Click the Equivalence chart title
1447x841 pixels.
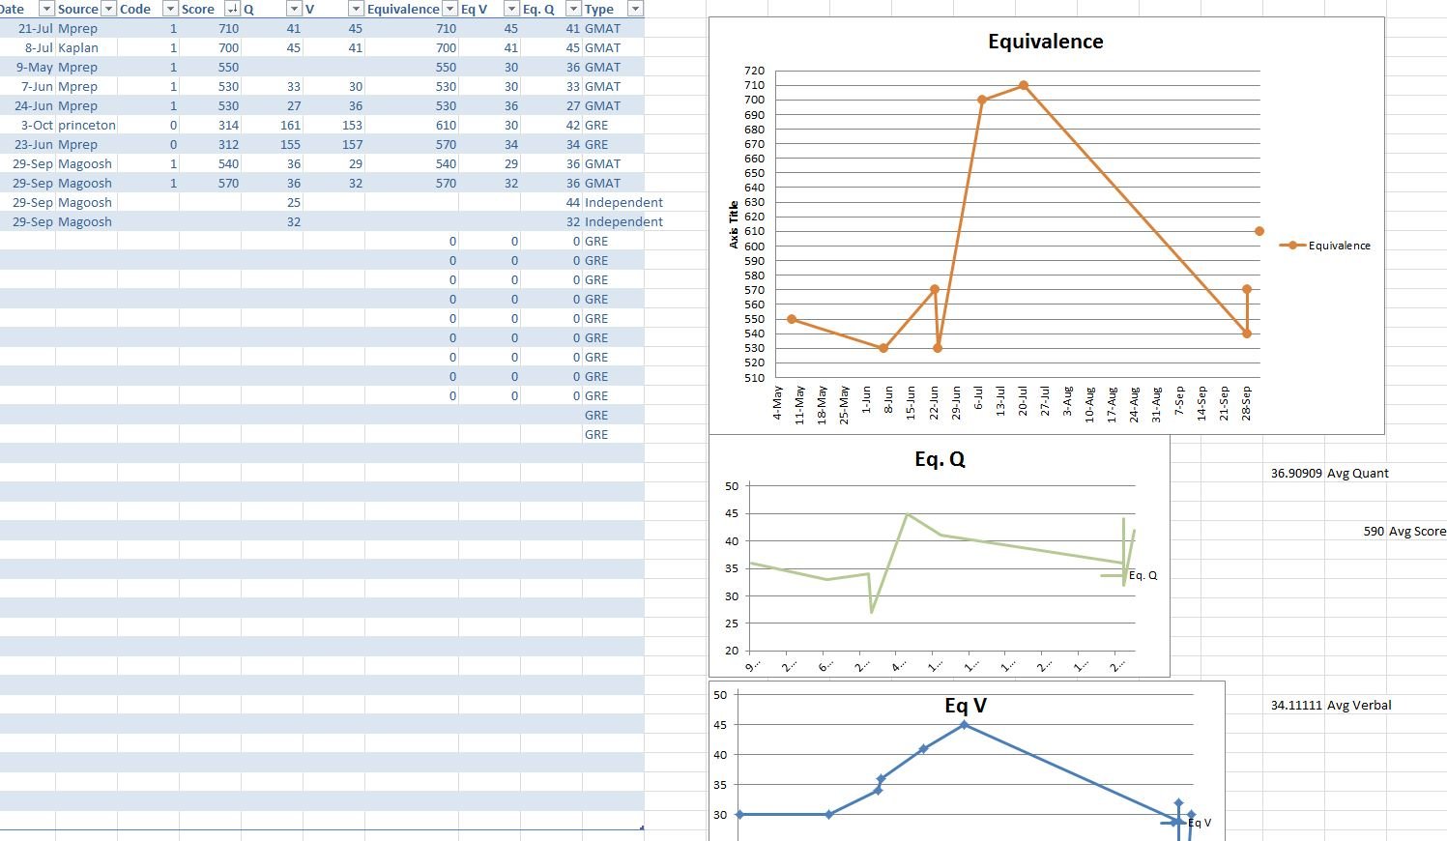click(1045, 42)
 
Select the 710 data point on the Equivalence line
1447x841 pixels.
click(1024, 86)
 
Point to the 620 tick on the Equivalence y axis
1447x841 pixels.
click(754, 217)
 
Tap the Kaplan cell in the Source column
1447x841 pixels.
click(78, 47)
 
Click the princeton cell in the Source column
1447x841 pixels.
click(87, 125)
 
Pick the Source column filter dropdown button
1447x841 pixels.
click(108, 9)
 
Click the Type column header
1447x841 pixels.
click(599, 9)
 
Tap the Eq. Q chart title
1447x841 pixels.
click(940, 459)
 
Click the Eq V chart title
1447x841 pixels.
click(966, 706)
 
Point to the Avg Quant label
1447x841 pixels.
click(1357, 474)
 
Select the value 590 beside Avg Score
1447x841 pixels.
click(1374, 532)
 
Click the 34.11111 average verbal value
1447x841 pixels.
click(1296, 706)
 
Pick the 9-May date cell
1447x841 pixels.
click(35, 67)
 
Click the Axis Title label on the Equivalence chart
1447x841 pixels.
click(734, 224)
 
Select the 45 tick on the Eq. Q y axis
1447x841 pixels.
click(732, 514)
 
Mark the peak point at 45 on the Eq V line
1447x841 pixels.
click(965, 724)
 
